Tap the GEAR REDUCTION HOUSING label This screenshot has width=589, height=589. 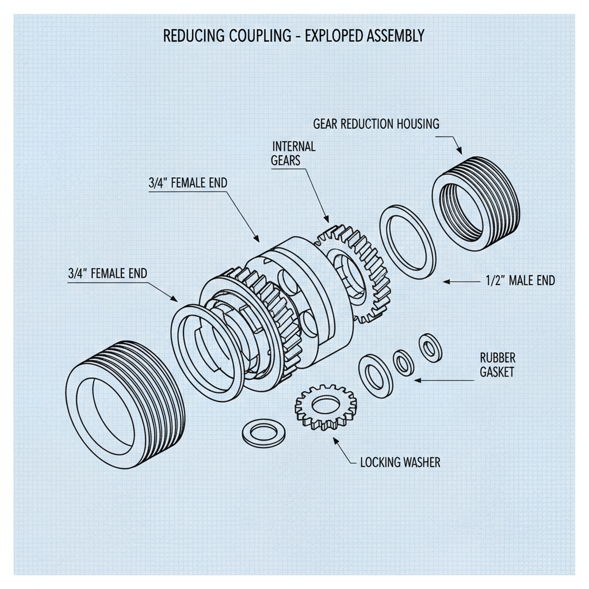pyautogui.click(x=376, y=124)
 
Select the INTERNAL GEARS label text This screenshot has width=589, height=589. pyautogui.click(x=293, y=153)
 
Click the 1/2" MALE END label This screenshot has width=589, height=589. pyautogui.click(x=517, y=281)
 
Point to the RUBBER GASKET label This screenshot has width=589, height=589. pyautogui.click(x=497, y=365)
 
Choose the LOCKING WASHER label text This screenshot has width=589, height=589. pyautogui.click(x=400, y=462)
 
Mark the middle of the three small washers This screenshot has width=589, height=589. pyautogui.click(x=403, y=361)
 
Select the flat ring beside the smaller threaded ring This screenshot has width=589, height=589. pyautogui.click(x=407, y=242)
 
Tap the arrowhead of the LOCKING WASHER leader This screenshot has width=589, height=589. pyautogui.click(x=335, y=439)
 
